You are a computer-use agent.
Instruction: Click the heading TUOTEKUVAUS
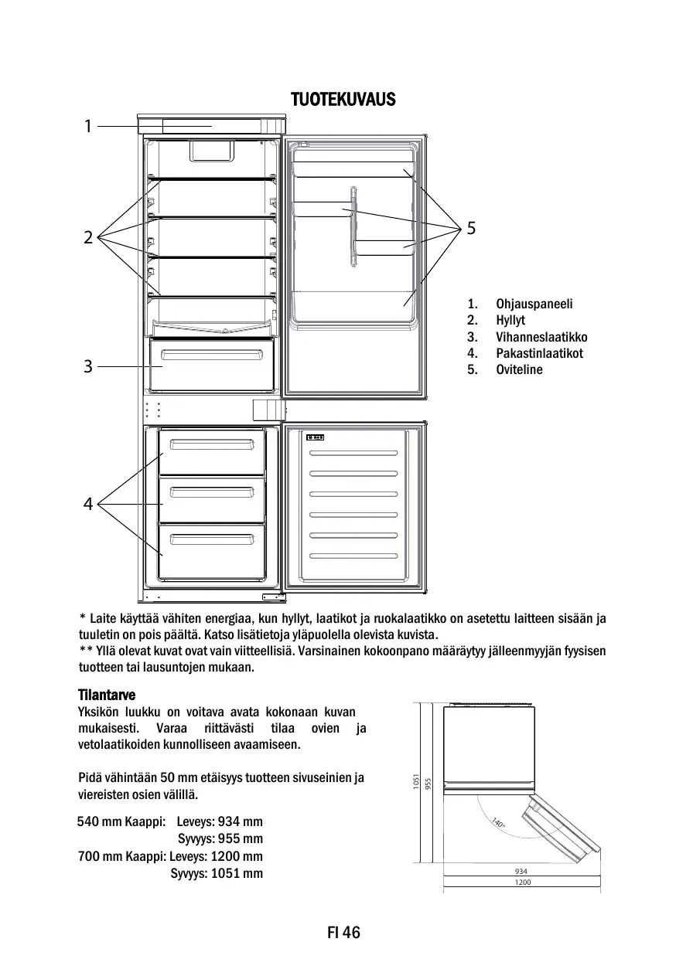click(x=343, y=100)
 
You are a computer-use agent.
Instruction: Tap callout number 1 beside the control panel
click(x=88, y=125)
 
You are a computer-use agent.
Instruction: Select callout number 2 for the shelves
click(x=88, y=237)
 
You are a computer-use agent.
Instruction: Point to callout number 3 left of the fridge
click(x=88, y=366)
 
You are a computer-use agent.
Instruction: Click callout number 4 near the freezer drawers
click(x=88, y=505)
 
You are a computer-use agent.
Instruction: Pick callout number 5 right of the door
click(x=471, y=228)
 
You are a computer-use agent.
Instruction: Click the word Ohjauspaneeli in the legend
click(x=534, y=304)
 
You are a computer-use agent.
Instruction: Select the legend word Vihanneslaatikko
click(x=541, y=337)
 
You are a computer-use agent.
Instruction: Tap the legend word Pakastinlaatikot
click(x=539, y=353)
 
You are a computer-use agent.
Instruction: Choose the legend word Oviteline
click(x=519, y=369)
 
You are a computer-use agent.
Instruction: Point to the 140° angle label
click(x=499, y=825)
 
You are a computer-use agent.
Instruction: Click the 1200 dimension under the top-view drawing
click(x=522, y=882)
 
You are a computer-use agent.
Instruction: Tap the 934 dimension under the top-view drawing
click(x=522, y=872)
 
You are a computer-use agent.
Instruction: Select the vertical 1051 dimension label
click(x=416, y=782)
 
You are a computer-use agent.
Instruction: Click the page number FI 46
click(x=343, y=933)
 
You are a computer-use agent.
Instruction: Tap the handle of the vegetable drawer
click(x=211, y=355)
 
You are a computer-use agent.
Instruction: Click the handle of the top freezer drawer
click(x=212, y=444)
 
